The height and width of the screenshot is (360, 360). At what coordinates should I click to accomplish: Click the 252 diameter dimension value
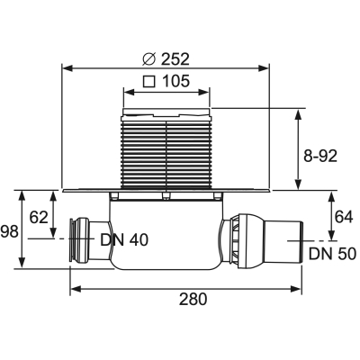(x=175, y=59)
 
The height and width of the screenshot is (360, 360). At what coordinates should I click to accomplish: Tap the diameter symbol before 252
(x=149, y=59)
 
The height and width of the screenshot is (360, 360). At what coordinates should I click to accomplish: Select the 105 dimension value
(x=175, y=81)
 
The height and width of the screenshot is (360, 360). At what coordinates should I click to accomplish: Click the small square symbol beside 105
(x=149, y=81)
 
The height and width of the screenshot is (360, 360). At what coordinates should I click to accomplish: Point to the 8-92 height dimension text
(x=320, y=156)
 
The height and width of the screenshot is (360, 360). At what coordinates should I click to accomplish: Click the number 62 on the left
(x=39, y=217)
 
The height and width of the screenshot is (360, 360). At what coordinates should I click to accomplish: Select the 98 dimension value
(x=10, y=232)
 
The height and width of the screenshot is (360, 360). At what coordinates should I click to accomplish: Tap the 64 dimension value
(x=344, y=217)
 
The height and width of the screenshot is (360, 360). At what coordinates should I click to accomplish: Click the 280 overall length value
(x=193, y=299)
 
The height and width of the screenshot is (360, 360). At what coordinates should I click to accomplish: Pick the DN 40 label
(x=124, y=240)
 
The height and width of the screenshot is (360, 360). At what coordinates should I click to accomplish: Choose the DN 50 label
(x=332, y=254)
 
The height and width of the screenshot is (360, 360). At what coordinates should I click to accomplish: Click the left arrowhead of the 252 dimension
(x=67, y=68)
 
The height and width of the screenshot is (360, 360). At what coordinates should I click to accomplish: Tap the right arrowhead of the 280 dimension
(x=295, y=289)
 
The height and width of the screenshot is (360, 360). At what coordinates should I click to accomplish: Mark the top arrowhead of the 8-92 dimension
(x=298, y=114)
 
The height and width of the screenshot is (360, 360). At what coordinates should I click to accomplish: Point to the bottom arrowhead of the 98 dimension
(x=22, y=262)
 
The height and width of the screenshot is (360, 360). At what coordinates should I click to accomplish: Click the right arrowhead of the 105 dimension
(x=203, y=92)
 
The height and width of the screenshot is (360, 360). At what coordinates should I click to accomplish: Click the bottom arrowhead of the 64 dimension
(x=331, y=235)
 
